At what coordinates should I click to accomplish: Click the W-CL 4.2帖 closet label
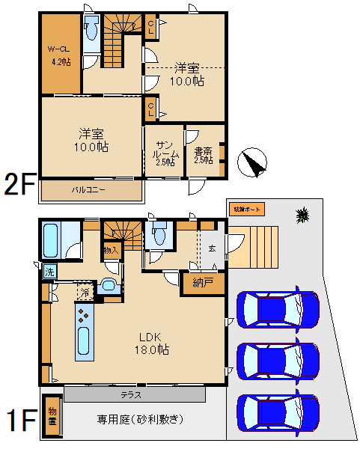point(60,55)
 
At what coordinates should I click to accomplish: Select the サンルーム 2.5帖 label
point(166,153)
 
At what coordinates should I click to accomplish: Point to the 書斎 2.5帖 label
point(204,153)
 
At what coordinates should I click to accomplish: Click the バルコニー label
point(88,189)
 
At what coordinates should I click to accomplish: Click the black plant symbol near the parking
point(302,216)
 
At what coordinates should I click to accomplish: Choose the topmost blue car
point(278,306)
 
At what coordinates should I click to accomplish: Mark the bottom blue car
point(278,409)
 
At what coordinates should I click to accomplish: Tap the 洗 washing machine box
point(49,272)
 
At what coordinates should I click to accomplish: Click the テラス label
point(133,394)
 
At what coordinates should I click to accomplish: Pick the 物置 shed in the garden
point(52,415)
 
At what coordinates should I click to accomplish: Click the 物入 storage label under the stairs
point(111,249)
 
